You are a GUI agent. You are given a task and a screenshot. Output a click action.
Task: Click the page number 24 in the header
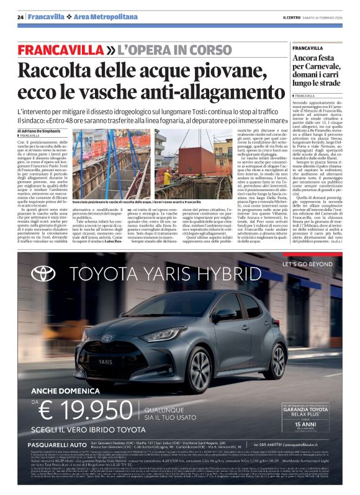[20, 17]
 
